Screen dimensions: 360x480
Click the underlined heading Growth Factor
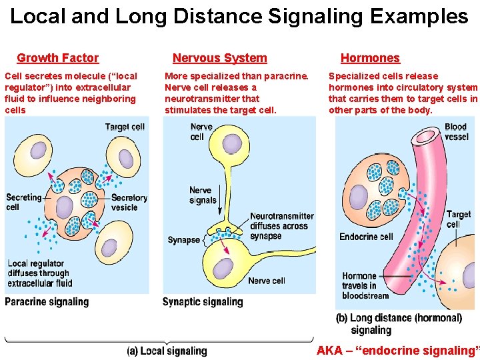click(57, 59)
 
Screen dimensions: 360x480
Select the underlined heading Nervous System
click(219, 59)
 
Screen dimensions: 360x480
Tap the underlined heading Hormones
click(370, 59)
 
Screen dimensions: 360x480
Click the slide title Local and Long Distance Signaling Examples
click(239, 17)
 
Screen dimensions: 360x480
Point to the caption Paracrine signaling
click(47, 302)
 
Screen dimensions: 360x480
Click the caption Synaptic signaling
click(203, 302)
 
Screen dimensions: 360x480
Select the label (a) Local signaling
click(167, 351)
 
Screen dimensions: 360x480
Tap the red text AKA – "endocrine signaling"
click(397, 351)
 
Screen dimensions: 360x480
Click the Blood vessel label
click(456, 131)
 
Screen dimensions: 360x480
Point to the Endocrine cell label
click(366, 237)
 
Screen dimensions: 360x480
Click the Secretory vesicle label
click(129, 203)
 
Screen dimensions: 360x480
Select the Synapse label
click(183, 240)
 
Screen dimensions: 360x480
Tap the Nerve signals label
click(203, 195)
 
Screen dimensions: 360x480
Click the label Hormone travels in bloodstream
click(365, 286)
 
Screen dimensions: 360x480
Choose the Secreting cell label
click(23, 202)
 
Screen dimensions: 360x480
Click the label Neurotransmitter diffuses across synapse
click(281, 226)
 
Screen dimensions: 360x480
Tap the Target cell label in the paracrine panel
click(125, 127)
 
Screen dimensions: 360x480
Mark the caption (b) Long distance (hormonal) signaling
click(399, 324)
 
